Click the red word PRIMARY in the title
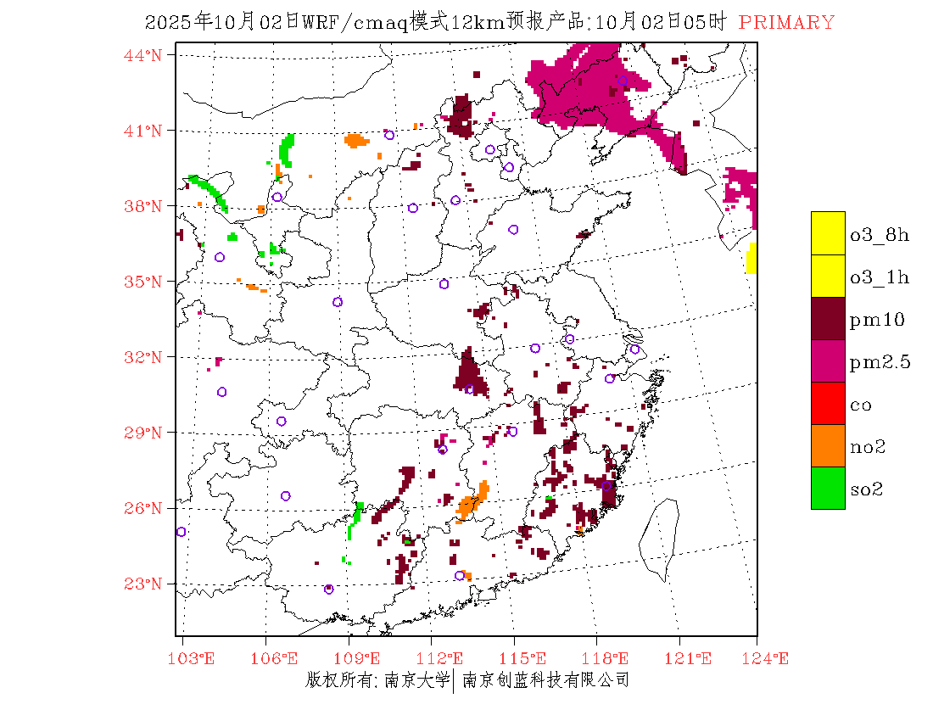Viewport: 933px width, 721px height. click(786, 23)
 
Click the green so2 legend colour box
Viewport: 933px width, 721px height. click(828, 488)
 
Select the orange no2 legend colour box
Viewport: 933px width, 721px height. click(828, 445)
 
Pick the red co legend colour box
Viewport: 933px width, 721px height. click(828, 403)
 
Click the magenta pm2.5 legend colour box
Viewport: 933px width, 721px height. click(828, 360)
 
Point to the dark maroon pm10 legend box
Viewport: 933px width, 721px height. click(828, 318)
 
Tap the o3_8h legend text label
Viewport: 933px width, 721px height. click(880, 235)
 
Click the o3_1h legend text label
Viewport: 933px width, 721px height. click(880, 277)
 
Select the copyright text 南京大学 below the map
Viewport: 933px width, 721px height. click(416, 679)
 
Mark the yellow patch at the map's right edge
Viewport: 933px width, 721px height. click(751, 259)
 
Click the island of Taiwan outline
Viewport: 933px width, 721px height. click(660, 539)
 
